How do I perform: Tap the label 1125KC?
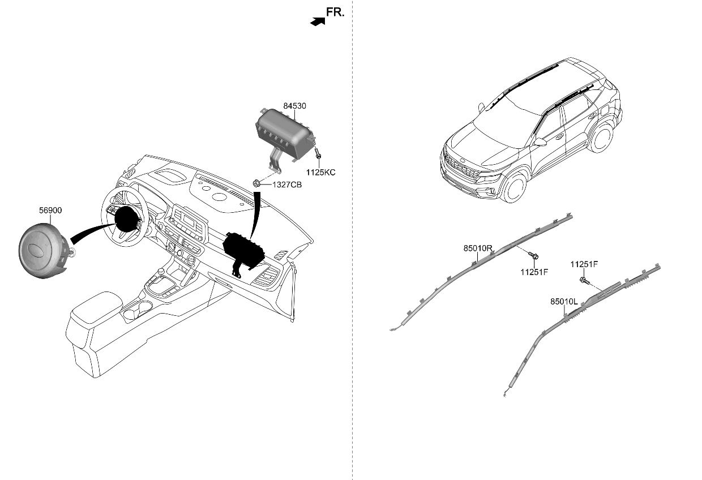320,172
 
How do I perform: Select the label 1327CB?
287,185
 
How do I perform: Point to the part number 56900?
50,211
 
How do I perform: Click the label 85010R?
478,248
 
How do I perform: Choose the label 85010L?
564,302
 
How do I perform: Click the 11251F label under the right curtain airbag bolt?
534,272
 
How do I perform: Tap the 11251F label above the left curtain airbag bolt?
584,264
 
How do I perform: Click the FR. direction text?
335,12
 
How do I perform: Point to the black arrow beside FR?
318,22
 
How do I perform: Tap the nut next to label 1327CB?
257,183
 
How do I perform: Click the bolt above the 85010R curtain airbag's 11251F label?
533,256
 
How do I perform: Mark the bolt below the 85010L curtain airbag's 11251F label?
584,280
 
